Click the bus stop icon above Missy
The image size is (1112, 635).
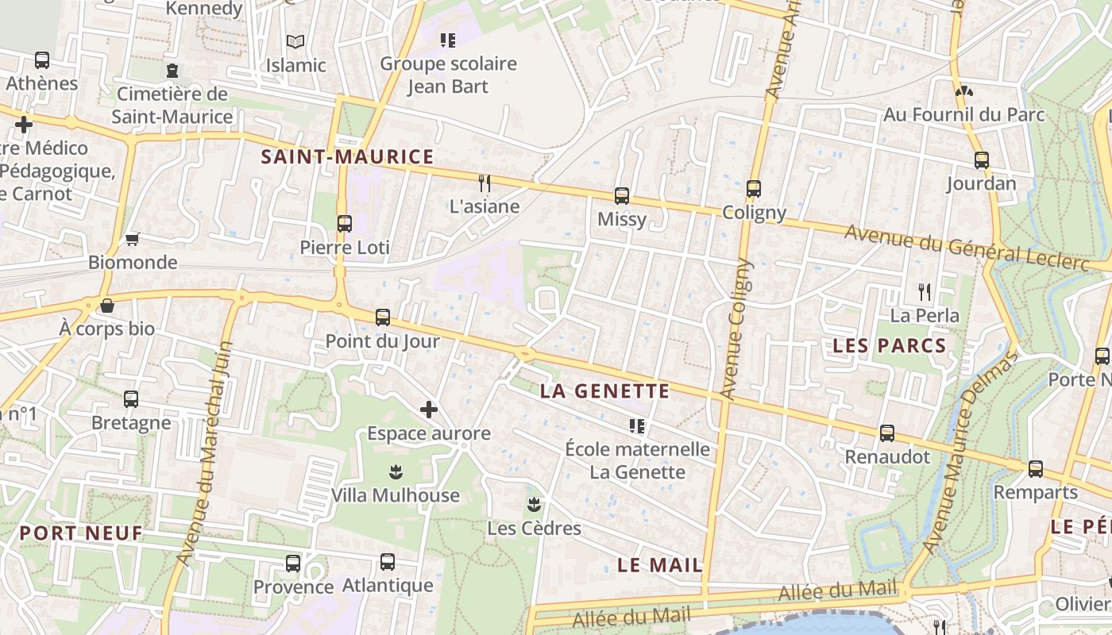622,195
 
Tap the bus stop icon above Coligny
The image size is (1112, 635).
754,189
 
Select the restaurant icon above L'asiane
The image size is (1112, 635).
484,183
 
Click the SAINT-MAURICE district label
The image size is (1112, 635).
348,157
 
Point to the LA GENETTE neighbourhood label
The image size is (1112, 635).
604,391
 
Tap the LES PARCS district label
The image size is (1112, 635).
890,346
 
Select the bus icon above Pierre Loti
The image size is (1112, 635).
344,224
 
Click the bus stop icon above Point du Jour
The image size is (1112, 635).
382,317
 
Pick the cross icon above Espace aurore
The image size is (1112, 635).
429,410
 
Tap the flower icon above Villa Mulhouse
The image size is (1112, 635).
396,472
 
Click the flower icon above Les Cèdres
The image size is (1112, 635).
534,504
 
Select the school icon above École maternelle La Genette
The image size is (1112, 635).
636,426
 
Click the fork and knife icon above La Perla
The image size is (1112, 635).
924,291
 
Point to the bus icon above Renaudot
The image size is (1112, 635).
887,433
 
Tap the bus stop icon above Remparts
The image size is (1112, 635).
1036,468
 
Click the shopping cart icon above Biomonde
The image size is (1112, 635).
132,239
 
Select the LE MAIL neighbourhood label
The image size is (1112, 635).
660,565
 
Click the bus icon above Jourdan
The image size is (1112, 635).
982,160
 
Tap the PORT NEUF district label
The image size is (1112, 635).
81,533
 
